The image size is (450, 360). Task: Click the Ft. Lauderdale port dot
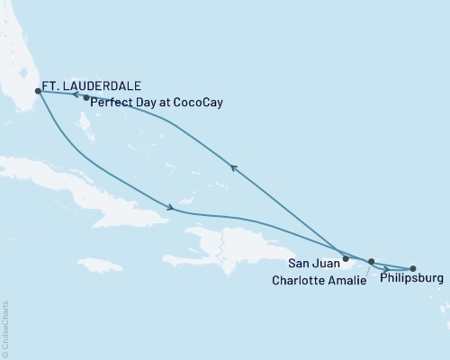(x=37, y=91)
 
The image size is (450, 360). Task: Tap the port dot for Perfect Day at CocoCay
(x=86, y=98)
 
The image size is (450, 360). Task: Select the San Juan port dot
(x=346, y=258)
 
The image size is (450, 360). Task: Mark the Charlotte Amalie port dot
(x=371, y=262)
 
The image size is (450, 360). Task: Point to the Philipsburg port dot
(x=413, y=267)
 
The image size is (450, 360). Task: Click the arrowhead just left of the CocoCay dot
(x=76, y=94)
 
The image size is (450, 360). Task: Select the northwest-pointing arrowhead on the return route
(x=233, y=166)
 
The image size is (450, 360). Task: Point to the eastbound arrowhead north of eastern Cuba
(x=170, y=209)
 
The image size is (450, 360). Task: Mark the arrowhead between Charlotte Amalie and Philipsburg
(x=386, y=267)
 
